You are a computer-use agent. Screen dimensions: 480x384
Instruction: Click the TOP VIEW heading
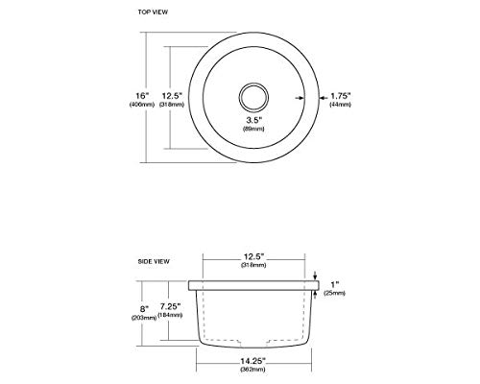point(153,12)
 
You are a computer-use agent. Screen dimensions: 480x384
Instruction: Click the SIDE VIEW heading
point(154,261)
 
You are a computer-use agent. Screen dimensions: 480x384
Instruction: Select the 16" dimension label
point(142,96)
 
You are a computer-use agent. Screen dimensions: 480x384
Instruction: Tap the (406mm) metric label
point(142,105)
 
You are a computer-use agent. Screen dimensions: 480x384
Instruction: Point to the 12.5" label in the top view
point(172,96)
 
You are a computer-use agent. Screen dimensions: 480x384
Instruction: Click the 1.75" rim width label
point(341,96)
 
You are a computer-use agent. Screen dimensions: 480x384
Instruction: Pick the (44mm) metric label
point(341,105)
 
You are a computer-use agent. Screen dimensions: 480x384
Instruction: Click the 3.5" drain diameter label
point(254,120)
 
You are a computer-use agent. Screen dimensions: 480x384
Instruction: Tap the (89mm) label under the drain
point(253,129)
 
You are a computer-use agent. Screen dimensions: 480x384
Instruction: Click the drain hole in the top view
point(253,97)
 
